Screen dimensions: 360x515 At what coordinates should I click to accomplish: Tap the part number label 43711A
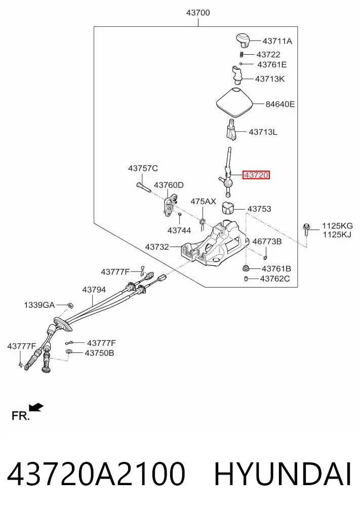pyautogui.click(x=277, y=41)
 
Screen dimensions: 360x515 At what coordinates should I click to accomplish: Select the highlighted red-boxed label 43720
pyautogui.click(x=256, y=175)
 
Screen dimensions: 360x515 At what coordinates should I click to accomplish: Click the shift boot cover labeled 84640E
pyautogui.click(x=235, y=103)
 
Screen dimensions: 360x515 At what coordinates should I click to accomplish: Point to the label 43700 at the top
pyautogui.click(x=198, y=13)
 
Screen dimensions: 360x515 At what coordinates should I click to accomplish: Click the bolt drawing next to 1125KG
pyautogui.click(x=306, y=229)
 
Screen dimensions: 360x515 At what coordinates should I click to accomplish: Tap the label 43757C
pyautogui.click(x=143, y=168)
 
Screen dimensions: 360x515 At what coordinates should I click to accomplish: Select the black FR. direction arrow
pyautogui.click(x=36, y=407)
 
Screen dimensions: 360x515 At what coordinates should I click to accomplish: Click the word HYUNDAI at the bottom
pyautogui.click(x=283, y=474)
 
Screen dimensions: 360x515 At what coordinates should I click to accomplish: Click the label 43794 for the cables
pyautogui.click(x=94, y=290)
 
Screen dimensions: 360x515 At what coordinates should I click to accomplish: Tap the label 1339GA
pyautogui.click(x=39, y=305)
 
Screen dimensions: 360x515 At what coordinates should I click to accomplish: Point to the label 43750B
pyautogui.click(x=100, y=353)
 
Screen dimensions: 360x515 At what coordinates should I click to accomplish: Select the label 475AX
pyautogui.click(x=204, y=202)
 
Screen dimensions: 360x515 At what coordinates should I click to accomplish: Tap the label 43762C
pyautogui.click(x=275, y=279)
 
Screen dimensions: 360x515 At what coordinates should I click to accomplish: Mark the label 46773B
pyautogui.click(x=267, y=242)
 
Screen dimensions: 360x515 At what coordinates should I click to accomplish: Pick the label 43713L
pyautogui.click(x=263, y=132)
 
